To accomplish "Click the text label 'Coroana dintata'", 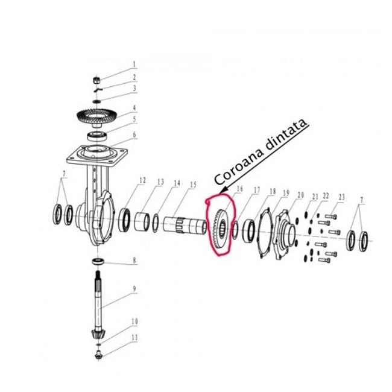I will [x=261, y=151].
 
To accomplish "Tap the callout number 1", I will [x=134, y=63].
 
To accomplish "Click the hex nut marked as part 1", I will [x=98, y=80].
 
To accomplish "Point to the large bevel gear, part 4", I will [x=97, y=115].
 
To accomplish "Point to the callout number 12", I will [x=142, y=180].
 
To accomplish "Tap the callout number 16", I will [x=239, y=189].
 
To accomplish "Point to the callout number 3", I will [x=134, y=88].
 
